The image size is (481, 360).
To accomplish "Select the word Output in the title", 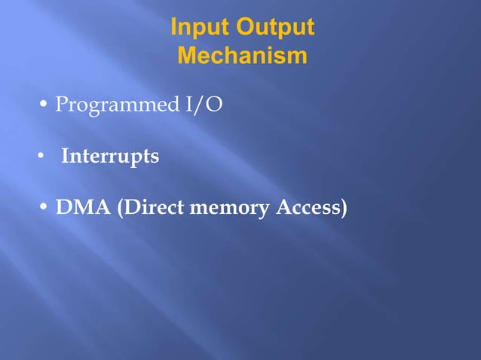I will (274, 28).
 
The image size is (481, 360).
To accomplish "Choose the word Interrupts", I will (110, 157).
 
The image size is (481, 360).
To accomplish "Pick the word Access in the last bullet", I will (308, 209).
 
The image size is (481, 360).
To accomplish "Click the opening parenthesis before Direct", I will (120, 209).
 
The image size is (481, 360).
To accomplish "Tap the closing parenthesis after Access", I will (345, 209).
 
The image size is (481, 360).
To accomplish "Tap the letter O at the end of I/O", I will (214, 105).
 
